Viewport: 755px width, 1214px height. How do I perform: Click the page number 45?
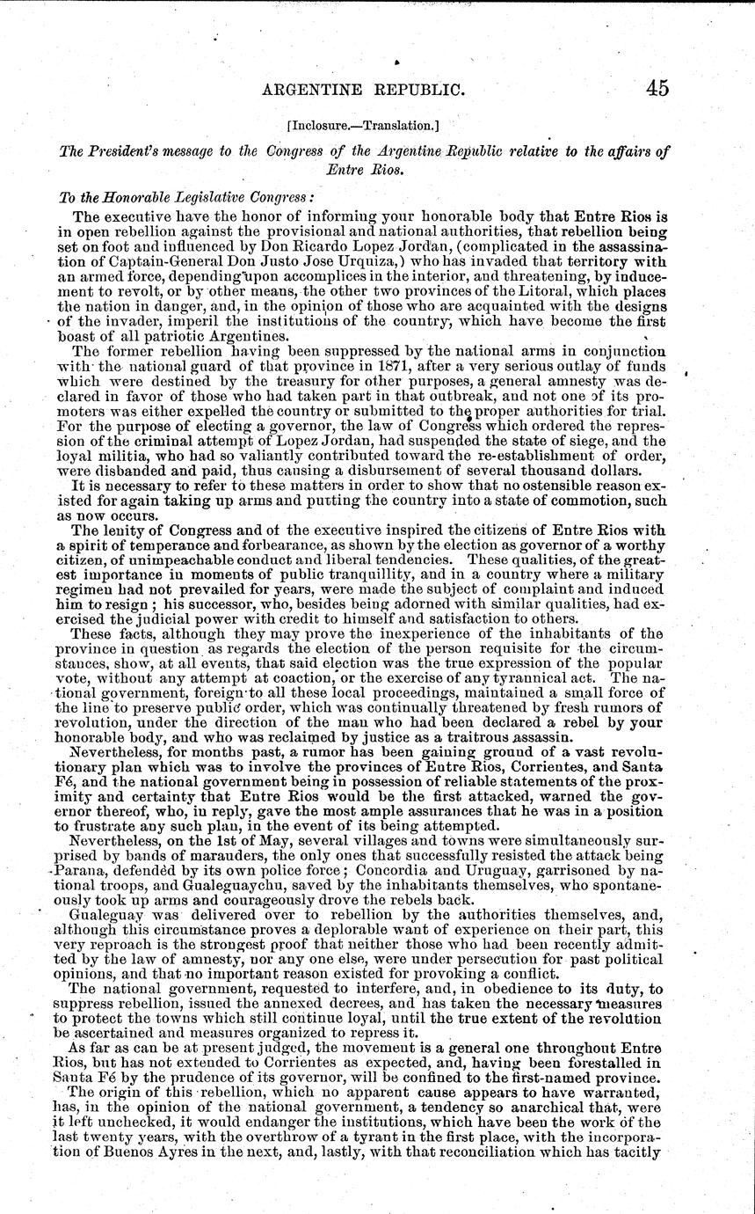[x=656, y=87]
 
